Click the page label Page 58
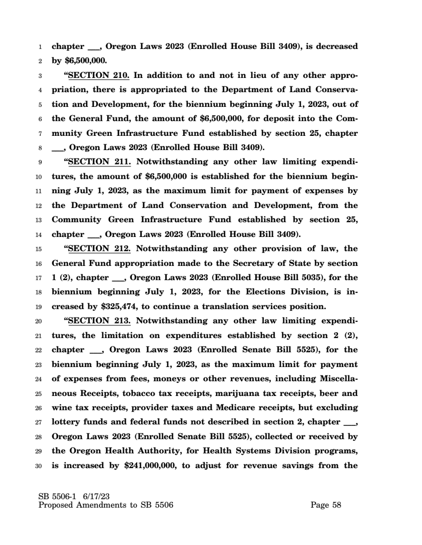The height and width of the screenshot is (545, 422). pyautogui.click(x=326, y=505)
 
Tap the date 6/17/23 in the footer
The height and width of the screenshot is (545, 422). pyautogui.click(x=95, y=497)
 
